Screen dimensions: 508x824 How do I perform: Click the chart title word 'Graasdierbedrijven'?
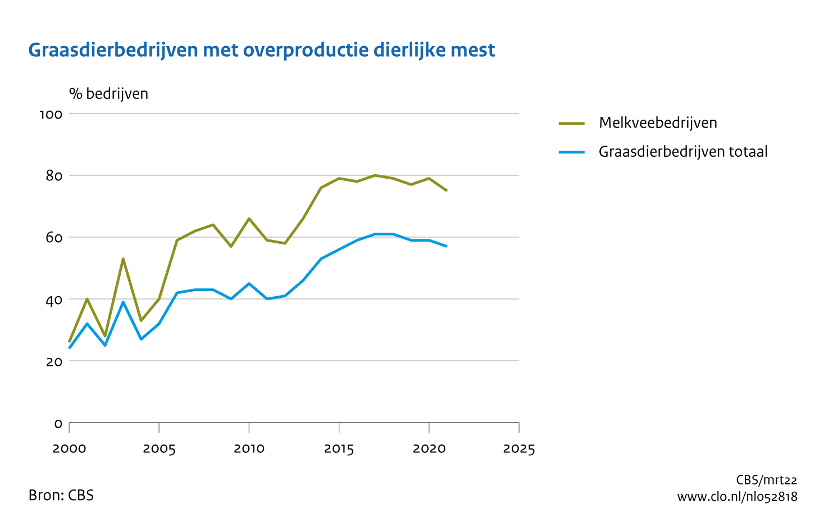coord(113,51)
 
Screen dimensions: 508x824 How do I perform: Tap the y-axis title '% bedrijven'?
coord(108,93)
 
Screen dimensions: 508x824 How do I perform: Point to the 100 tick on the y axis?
coord(50,114)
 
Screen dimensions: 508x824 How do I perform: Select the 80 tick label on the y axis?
coord(54,176)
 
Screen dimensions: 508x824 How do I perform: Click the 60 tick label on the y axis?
coord(54,238)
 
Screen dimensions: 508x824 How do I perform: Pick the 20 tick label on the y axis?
coord(54,361)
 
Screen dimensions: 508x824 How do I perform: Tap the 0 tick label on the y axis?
coord(58,423)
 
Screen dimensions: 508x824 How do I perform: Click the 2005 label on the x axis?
coord(159,449)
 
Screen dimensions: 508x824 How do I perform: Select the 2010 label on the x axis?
coord(249,449)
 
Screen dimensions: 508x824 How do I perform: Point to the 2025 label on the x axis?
coord(519,449)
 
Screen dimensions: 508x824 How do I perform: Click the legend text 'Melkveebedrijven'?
coord(658,123)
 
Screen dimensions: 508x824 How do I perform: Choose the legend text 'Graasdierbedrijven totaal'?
coord(683,152)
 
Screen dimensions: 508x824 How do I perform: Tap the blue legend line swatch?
coord(572,152)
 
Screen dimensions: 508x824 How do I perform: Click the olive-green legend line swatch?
coord(572,123)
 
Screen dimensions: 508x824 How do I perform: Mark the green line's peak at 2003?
coord(123,259)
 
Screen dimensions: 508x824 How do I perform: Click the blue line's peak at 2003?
coord(123,302)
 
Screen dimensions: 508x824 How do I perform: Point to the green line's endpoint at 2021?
coord(447,191)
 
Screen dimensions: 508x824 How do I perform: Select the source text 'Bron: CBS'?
coord(61,495)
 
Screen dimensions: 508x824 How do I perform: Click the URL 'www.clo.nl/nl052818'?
coord(737,497)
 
